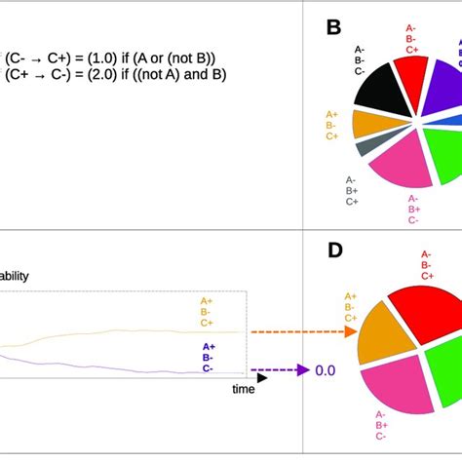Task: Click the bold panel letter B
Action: pyautogui.click(x=333, y=28)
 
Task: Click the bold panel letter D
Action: pyautogui.click(x=335, y=250)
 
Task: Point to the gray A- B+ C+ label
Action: pyautogui.click(x=351, y=191)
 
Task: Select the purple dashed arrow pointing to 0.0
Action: pyautogui.click(x=279, y=370)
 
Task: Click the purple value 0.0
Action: pyautogui.click(x=324, y=370)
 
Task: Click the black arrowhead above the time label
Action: pyautogui.click(x=261, y=376)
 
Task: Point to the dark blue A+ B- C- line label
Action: pyautogui.click(x=209, y=357)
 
